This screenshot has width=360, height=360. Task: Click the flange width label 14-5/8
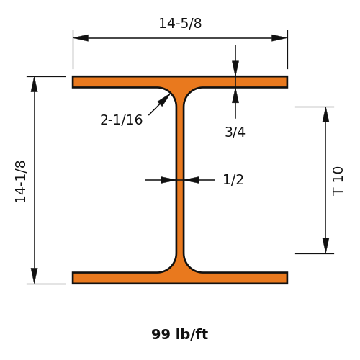(180, 24)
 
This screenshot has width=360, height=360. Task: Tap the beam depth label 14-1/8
(20, 182)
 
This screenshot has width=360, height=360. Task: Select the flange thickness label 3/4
(235, 132)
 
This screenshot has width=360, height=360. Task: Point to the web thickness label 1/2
(233, 180)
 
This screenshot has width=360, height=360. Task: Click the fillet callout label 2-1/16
(121, 120)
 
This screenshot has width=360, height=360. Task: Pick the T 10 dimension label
(338, 181)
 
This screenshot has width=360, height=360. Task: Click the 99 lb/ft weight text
(180, 334)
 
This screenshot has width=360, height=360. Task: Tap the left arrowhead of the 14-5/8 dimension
(81, 38)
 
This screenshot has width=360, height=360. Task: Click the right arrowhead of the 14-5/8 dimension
(279, 38)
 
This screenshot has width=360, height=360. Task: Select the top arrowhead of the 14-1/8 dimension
(35, 84)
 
